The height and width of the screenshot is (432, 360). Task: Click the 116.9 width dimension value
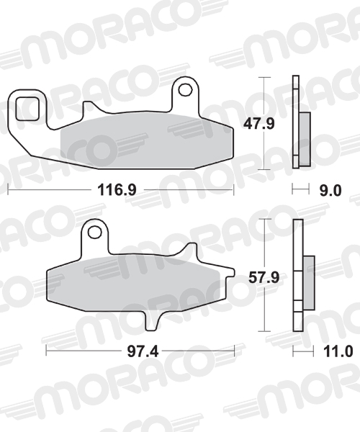(x=117, y=190)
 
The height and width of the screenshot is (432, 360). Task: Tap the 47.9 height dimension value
(x=259, y=123)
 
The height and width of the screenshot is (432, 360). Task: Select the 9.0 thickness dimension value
(x=330, y=190)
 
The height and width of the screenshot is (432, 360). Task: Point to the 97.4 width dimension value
(x=143, y=351)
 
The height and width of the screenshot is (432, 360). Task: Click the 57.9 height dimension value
(x=264, y=277)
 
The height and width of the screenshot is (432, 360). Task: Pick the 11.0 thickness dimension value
(x=338, y=351)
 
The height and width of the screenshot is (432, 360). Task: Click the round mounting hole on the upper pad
(x=185, y=89)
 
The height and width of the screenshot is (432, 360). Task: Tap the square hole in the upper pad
(x=27, y=109)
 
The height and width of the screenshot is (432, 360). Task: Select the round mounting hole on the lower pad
(x=94, y=232)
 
